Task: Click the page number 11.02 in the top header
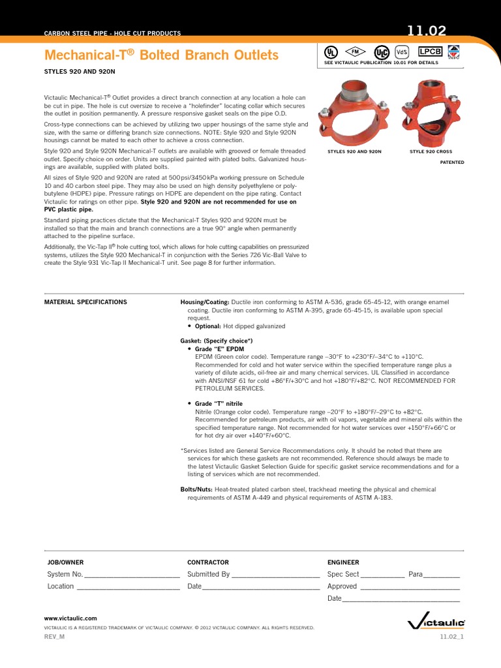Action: click(427, 30)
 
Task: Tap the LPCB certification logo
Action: click(429, 52)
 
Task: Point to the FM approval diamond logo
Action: click(356, 51)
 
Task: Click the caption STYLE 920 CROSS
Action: click(431, 151)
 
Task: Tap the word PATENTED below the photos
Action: click(451, 162)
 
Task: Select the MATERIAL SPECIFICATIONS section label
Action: click(85, 302)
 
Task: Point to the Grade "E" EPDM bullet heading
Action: click(219, 349)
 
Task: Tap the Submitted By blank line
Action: click(275, 575)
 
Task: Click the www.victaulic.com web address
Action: click(70, 618)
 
